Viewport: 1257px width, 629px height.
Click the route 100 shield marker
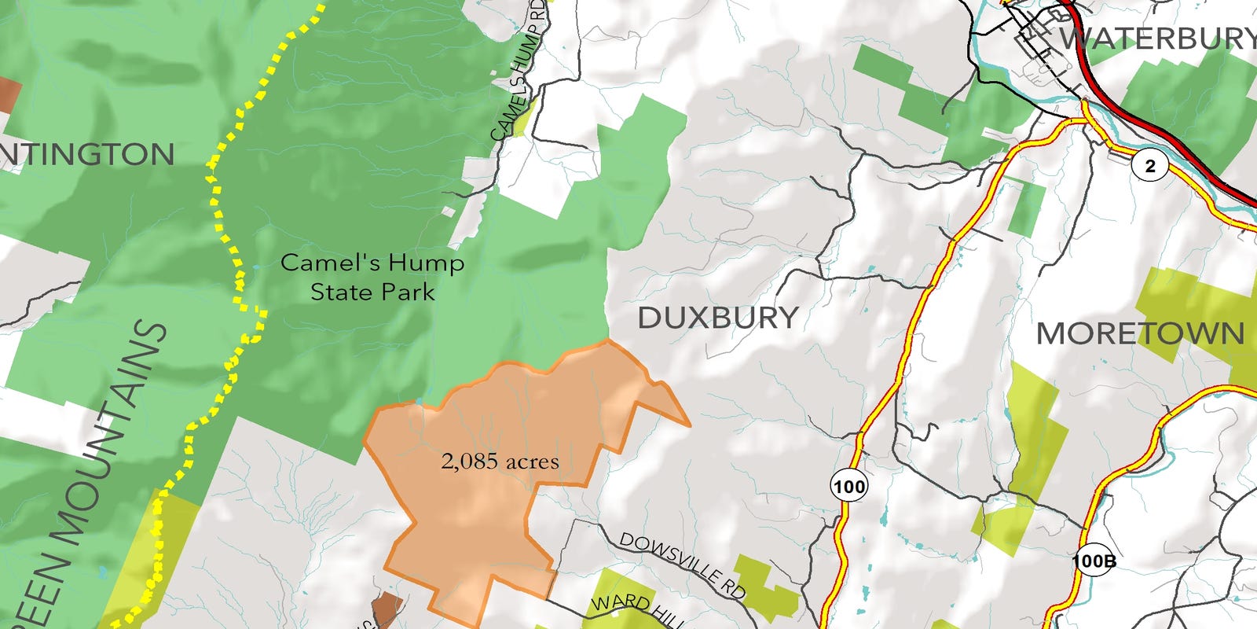848,487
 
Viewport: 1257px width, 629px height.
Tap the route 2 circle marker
1151,166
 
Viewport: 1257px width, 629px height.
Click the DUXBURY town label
718,318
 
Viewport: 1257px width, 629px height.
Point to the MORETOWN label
1140,333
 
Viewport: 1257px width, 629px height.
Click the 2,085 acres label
500,461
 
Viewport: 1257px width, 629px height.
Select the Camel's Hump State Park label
372,277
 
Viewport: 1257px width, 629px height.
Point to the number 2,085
469,461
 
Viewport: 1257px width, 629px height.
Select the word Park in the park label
405,292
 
